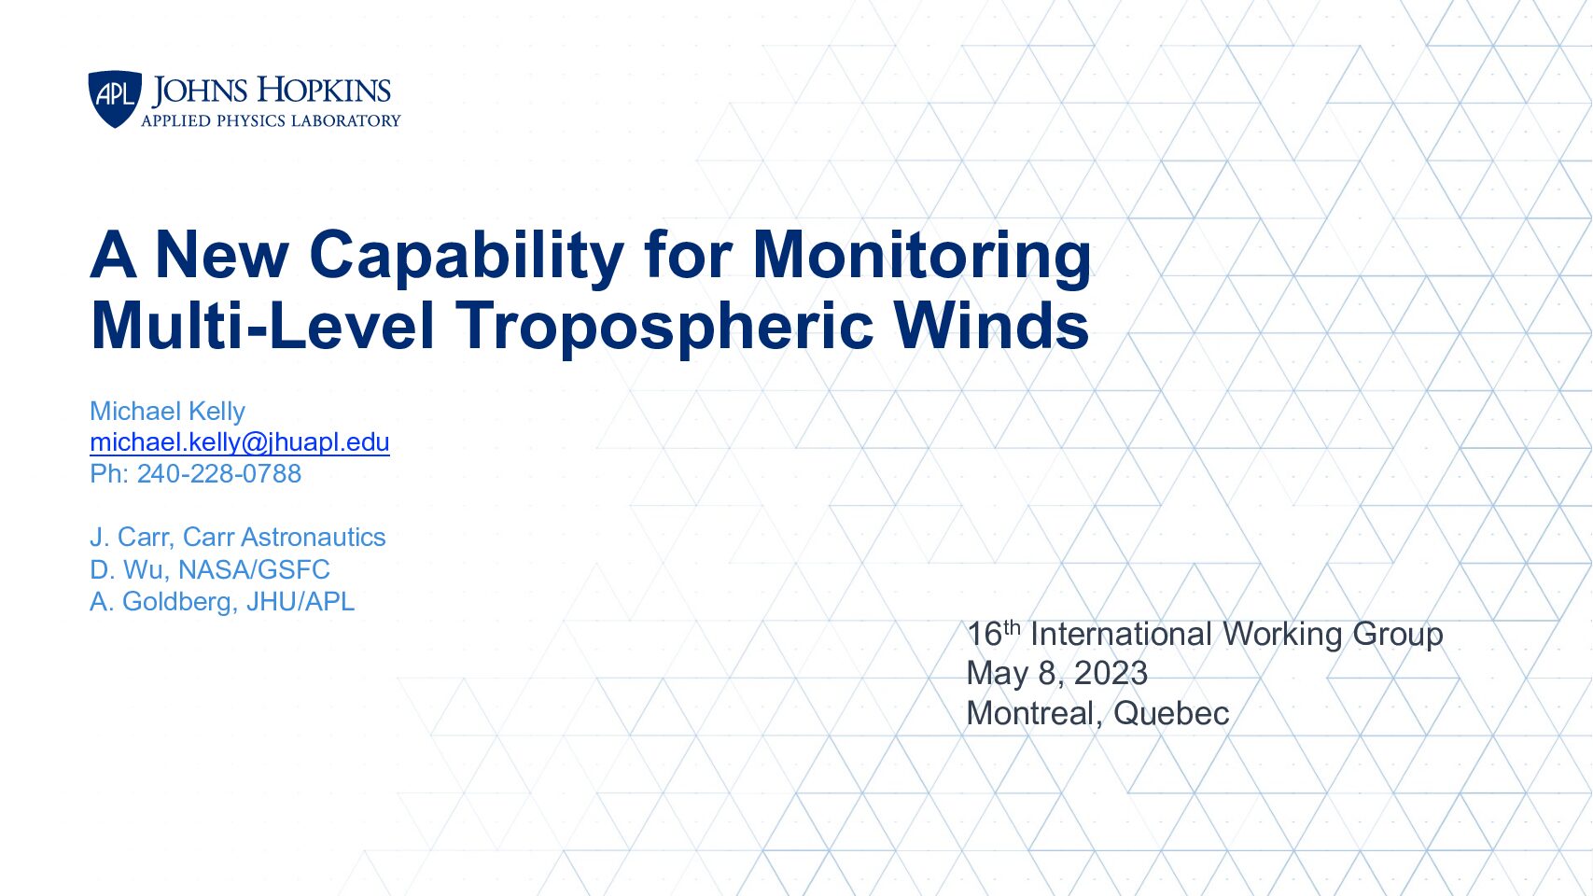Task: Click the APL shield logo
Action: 115,98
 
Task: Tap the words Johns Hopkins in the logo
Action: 271,91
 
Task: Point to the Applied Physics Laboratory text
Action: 271,121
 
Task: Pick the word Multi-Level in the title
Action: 262,325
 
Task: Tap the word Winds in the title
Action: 992,325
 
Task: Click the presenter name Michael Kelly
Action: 167,411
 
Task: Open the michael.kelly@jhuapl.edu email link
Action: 240,442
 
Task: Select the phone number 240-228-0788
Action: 219,473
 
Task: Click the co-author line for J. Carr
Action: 238,537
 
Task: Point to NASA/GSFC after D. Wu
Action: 254,569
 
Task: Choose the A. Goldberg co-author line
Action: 222,602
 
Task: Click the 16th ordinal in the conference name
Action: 994,633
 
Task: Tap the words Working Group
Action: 1332,635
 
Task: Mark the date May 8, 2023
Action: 1056,674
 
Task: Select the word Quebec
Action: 1171,713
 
